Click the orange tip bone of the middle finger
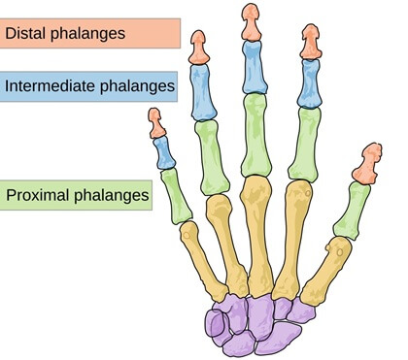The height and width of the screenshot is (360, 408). pyautogui.click(x=251, y=21)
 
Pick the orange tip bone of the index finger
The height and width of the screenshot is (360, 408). pyautogui.click(x=311, y=41)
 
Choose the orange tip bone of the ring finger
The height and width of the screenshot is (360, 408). pyautogui.click(x=199, y=48)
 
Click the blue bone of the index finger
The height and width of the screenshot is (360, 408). pyautogui.click(x=309, y=84)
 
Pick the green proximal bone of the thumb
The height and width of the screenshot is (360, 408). pyautogui.click(x=356, y=208)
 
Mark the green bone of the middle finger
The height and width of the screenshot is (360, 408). pyautogui.click(x=256, y=135)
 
